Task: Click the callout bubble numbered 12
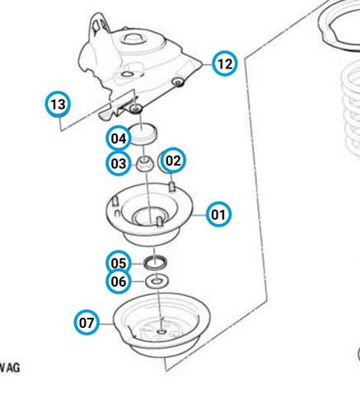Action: pos(225,63)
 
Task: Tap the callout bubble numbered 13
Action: pos(58,104)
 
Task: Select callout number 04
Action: pos(119,138)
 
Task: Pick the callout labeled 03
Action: pos(119,163)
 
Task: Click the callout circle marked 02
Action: pos(173,160)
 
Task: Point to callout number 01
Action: pos(218,214)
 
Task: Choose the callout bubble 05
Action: pos(119,263)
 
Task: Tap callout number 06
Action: pos(119,281)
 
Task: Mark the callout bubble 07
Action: pos(86,322)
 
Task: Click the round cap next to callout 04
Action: pos(143,134)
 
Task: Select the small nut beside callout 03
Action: pos(145,164)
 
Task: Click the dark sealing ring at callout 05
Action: pos(155,262)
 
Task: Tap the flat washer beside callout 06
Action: pos(157,281)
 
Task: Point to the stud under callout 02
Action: pos(172,187)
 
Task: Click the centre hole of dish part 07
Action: pos(161,332)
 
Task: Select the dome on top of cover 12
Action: pos(133,37)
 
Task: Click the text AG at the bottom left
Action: pos(13,368)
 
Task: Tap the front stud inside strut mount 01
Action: pos(159,222)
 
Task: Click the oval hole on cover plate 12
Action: pos(127,74)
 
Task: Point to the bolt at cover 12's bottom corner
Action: pos(135,109)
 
